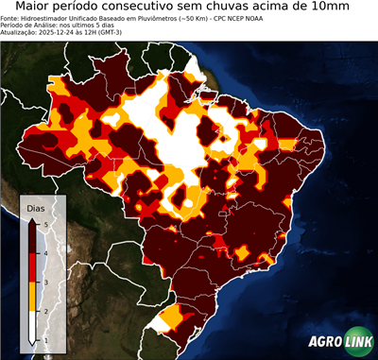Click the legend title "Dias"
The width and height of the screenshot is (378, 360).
tap(35, 208)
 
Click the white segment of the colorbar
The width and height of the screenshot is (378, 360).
tap(33, 326)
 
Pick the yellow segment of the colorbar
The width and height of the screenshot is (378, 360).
tap(33, 297)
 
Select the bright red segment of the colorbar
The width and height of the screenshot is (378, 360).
tap(33, 267)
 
